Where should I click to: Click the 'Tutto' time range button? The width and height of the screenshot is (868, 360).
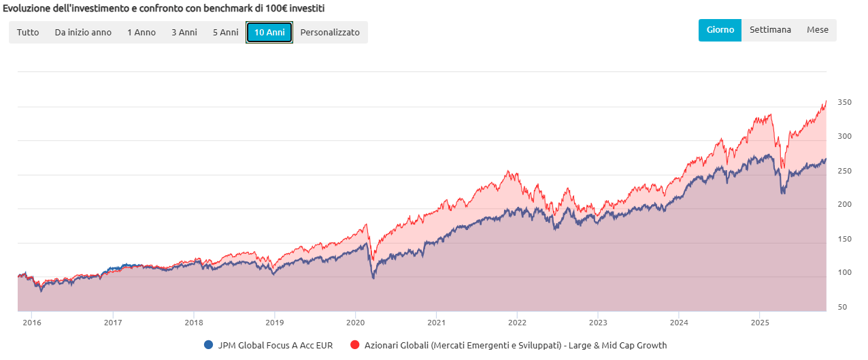pos(28,32)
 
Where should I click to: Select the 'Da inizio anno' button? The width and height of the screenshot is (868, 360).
pos(83,32)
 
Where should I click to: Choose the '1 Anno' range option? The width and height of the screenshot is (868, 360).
pos(141,32)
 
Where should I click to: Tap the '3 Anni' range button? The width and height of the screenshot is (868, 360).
pos(184,32)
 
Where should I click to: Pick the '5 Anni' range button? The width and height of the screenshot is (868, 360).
pos(225,32)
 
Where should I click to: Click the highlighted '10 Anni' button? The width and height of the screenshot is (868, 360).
pos(269,32)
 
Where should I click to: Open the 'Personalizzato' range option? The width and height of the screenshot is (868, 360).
pos(330,32)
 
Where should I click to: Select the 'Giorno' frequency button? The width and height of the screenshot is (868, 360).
pos(720,30)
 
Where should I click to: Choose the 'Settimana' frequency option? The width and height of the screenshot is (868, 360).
pos(770,30)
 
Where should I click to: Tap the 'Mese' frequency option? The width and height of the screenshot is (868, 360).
pos(817,30)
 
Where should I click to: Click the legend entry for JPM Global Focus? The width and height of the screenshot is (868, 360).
pos(268,345)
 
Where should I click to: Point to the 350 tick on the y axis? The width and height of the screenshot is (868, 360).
pos(844,103)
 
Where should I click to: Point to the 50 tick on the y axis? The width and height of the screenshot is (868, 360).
pos(842,308)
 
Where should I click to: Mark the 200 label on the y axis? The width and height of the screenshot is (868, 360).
pos(844,205)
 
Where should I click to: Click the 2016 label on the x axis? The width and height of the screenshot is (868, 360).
pos(32,323)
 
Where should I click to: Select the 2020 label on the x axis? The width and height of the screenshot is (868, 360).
pos(356,323)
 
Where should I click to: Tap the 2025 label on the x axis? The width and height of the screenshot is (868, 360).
pos(760,323)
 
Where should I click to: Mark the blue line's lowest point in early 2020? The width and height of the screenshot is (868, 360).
pos(373,278)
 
